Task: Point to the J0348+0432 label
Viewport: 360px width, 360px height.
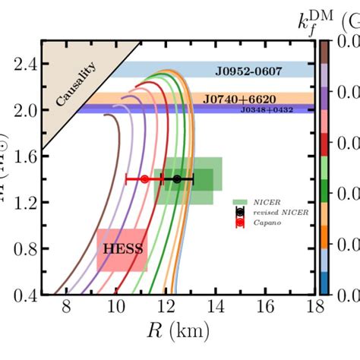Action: [265, 110]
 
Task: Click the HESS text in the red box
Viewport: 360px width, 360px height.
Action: [119, 248]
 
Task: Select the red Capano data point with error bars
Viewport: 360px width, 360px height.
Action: [144, 179]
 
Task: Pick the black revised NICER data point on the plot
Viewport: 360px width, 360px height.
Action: [177, 179]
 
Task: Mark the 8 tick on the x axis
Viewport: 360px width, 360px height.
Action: [66, 308]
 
